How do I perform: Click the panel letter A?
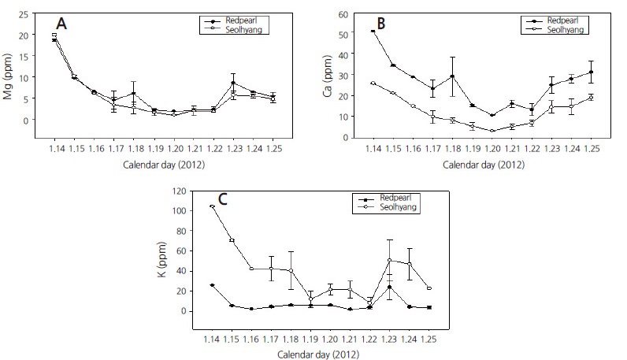pos(61,24)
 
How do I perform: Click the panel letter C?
pos(222,199)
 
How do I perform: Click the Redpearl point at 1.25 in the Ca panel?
pos(591,72)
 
